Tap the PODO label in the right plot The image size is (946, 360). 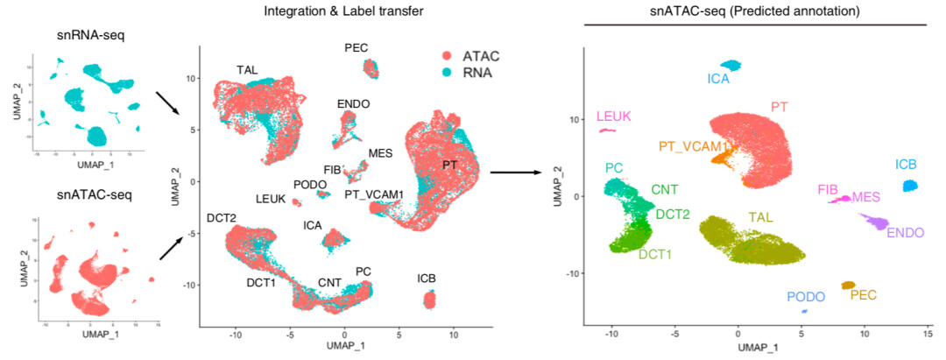point(805,298)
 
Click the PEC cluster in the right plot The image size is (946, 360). point(848,285)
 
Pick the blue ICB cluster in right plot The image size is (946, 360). point(910,187)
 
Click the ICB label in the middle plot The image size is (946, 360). point(427,279)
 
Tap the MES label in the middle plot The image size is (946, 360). point(380,153)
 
